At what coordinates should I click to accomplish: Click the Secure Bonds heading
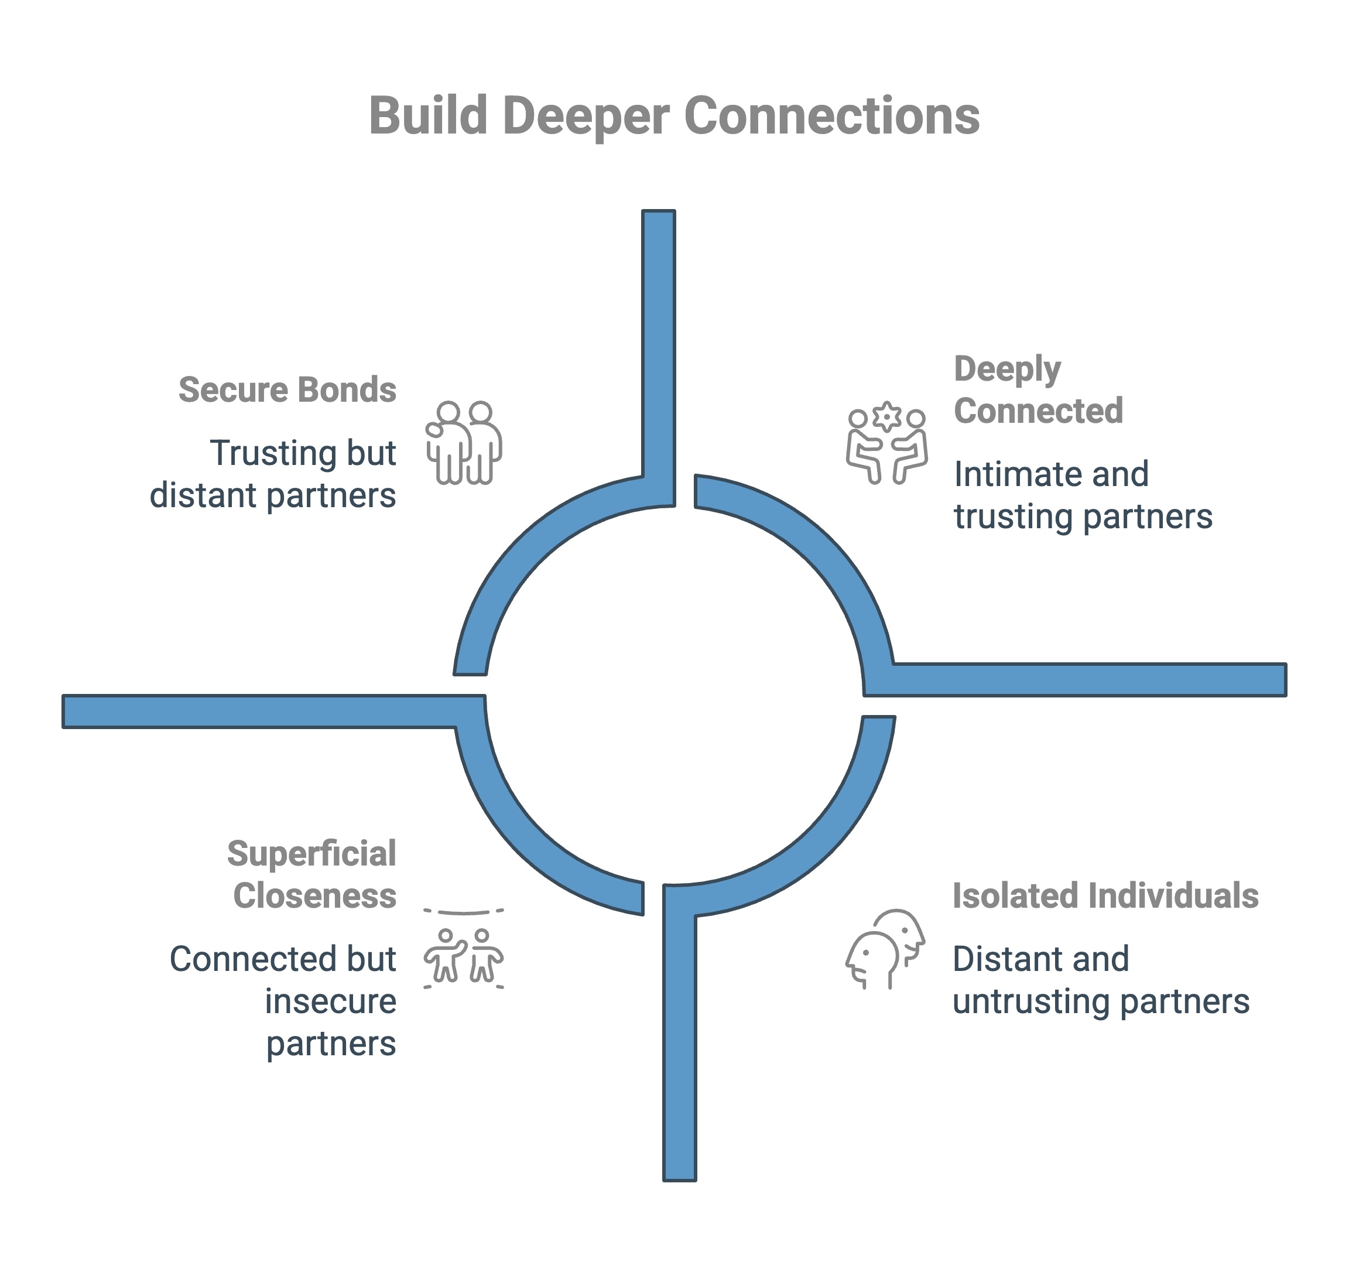pyautogui.click(x=287, y=389)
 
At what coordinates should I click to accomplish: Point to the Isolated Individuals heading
pyautogui.click(x=1105, y=895)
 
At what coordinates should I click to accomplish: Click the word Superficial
pyautogui.click(x=312, y=853)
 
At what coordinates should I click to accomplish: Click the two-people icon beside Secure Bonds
pyautogui.click(x=464, y=443)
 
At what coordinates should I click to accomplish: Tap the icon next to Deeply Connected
pyautogui.click(x=887, y=443)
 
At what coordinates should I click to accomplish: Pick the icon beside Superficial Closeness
pyautogui.click(x=464, y=949)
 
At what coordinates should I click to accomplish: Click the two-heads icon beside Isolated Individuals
pyautogui.click(x=885, y=949)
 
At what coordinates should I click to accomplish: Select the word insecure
pyautogui.click(x=330, y=1001)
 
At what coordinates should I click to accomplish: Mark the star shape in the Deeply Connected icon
pyautogui.click(x=887, y=415)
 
